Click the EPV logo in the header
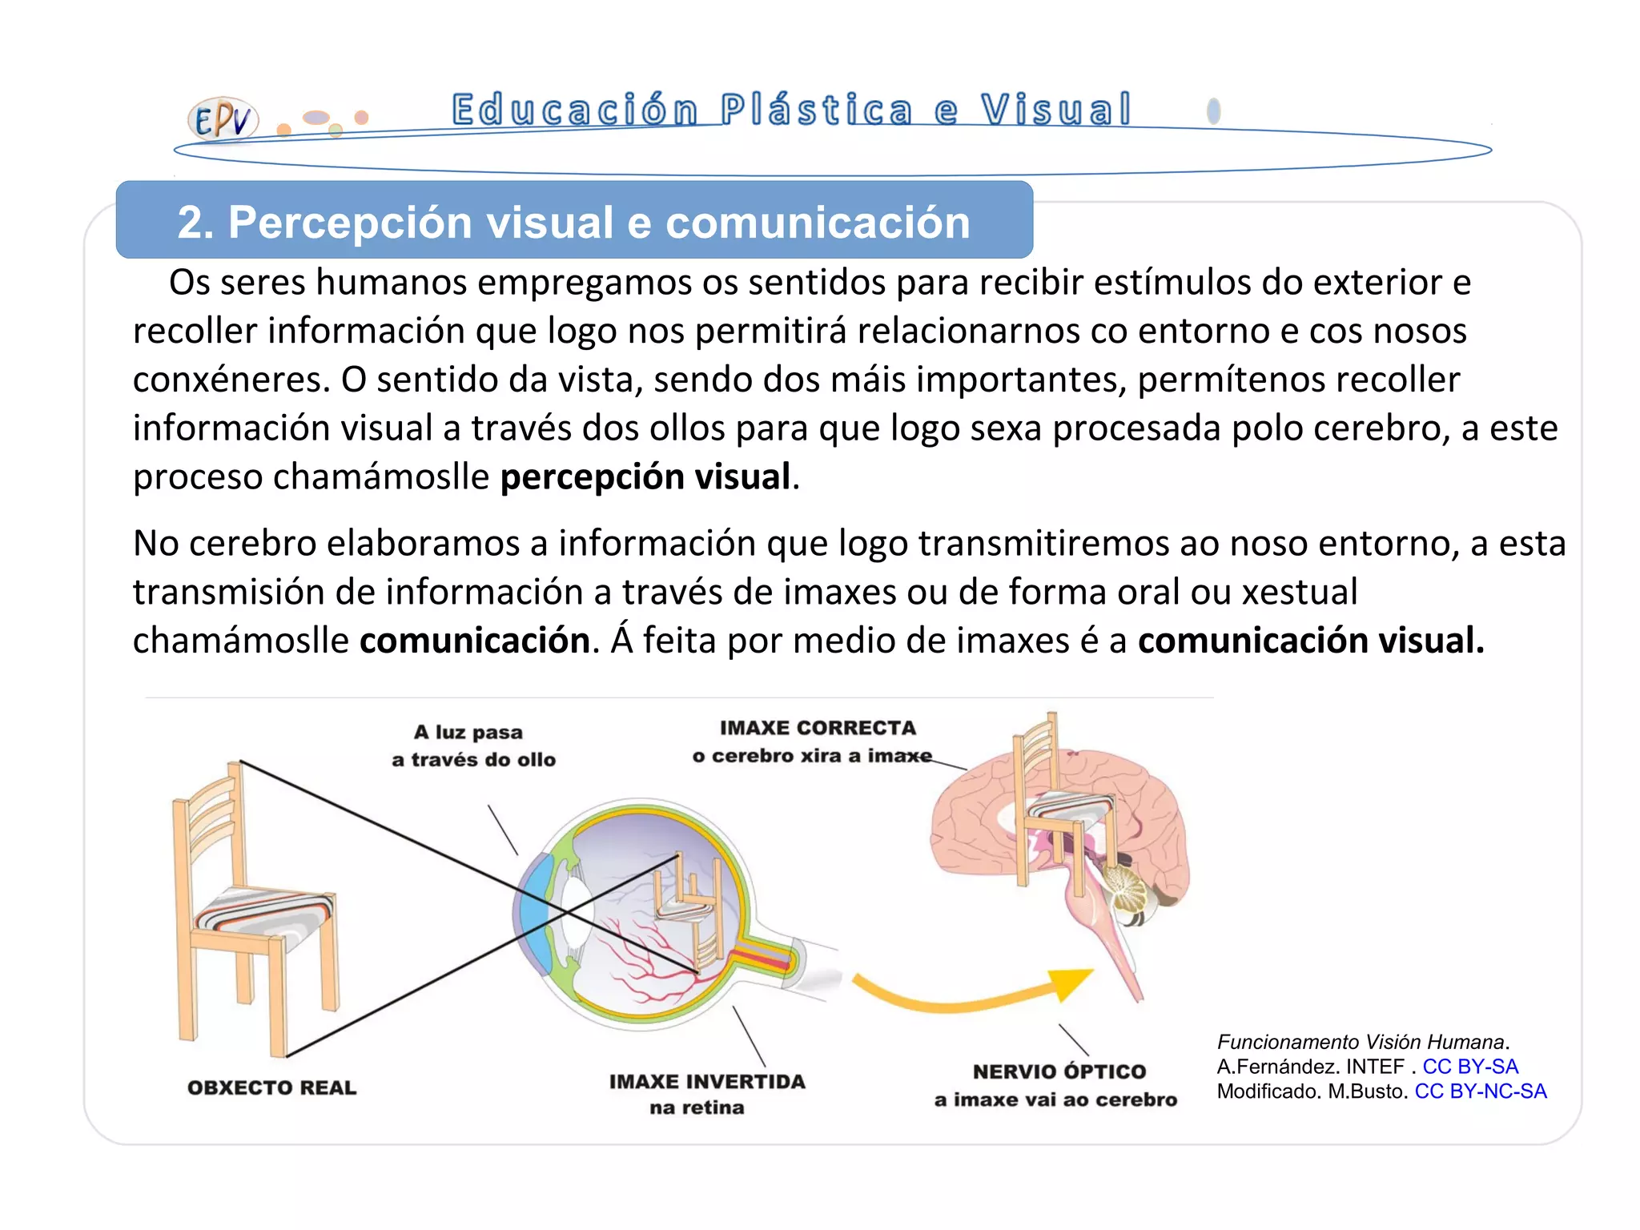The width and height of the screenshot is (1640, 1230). (223, 120)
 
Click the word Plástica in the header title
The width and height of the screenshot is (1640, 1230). (815, 110)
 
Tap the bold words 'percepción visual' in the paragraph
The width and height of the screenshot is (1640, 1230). (645, 477)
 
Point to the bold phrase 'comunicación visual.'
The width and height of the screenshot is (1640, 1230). (1311, 641)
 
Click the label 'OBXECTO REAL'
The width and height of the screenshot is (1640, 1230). (271, 1087)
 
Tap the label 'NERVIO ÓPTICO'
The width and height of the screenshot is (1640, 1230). (1059, 1071)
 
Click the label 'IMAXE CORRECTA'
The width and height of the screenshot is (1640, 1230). (818, 728)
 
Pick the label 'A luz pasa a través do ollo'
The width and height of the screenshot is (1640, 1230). (473, 746)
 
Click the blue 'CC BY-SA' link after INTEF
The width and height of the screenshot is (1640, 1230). (1469, 1067)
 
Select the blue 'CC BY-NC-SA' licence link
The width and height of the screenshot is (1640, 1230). (1480, 1091)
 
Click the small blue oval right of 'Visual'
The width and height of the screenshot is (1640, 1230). (1213, 111)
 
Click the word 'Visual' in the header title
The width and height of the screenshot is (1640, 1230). (1055, 110)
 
